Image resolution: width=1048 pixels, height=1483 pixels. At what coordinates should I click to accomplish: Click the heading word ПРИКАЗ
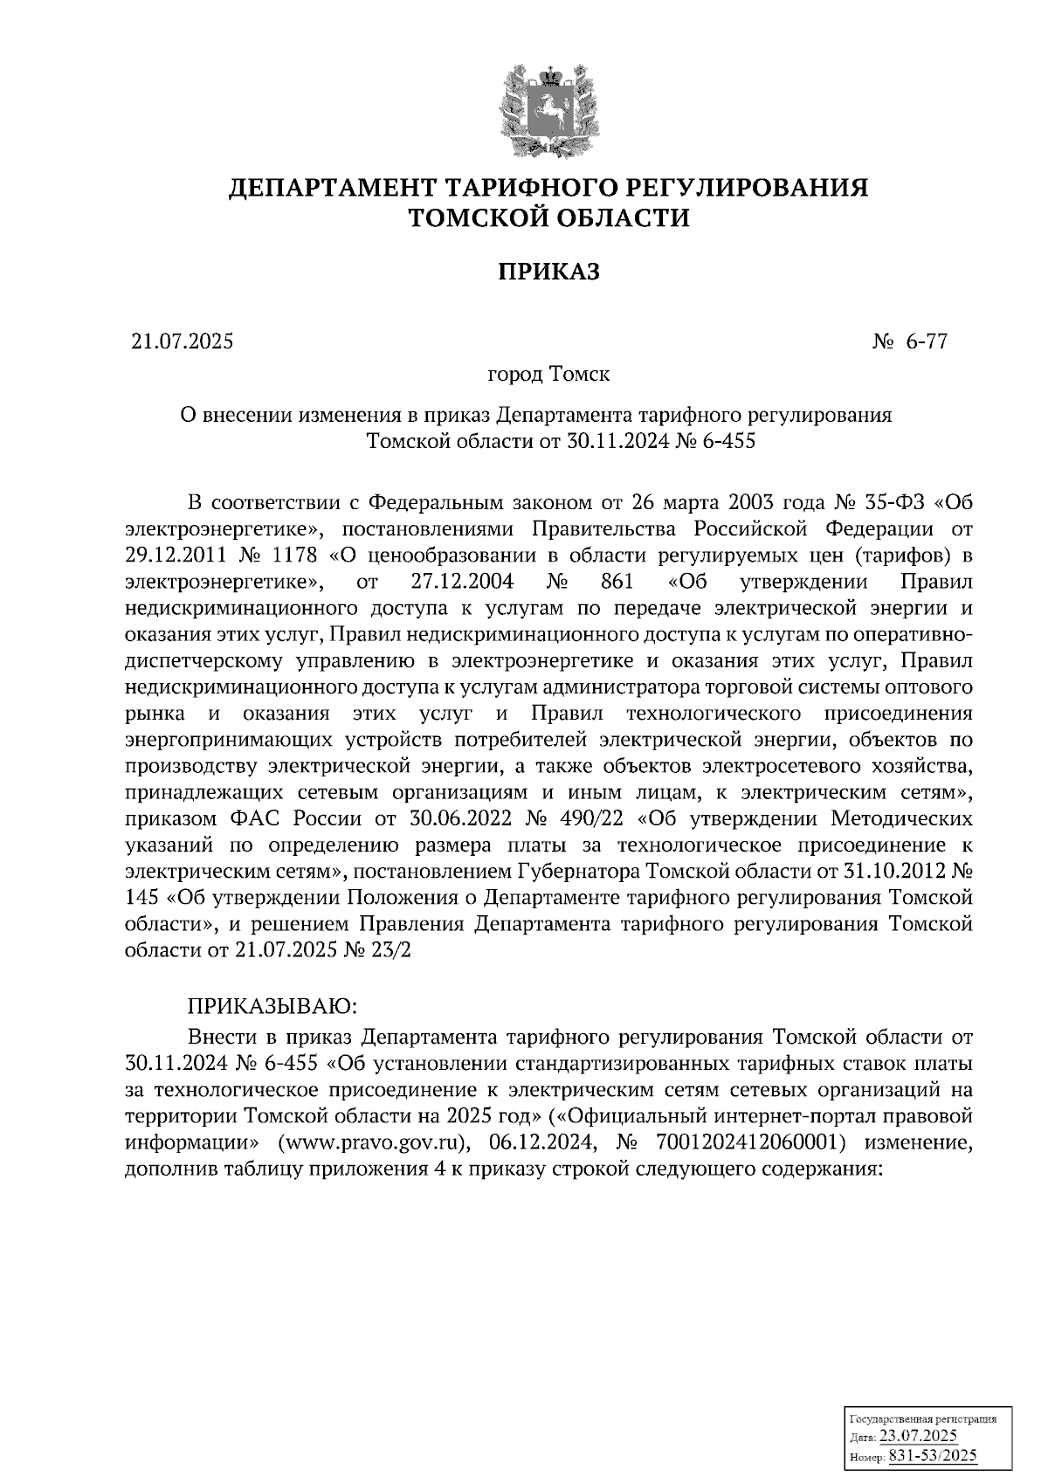tap(549, 272)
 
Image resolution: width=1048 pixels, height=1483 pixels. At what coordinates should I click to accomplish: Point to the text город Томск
tap(548, 375)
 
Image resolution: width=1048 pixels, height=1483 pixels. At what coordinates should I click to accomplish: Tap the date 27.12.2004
tap(461, 582)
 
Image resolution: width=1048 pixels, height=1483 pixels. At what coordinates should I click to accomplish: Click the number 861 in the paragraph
tap(617, 582)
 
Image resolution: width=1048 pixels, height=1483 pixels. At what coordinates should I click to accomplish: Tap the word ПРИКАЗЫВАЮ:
tap(272, 1006)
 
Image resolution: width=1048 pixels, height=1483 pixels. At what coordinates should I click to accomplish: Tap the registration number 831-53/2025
tap(932, 1457)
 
